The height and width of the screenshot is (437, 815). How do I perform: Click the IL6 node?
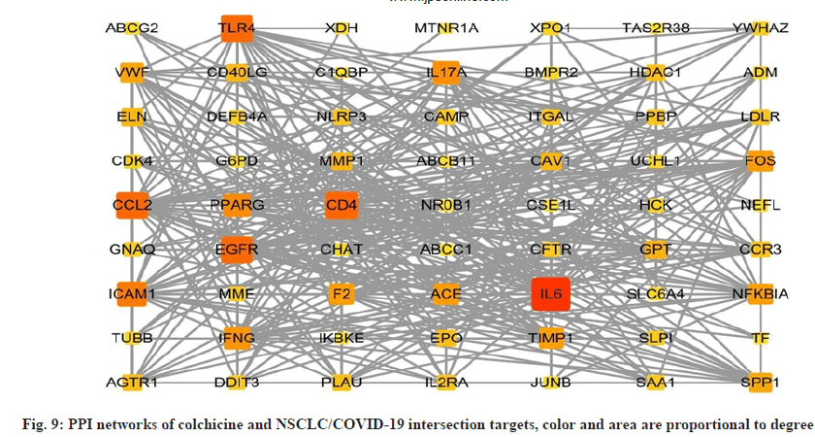pos(550,293)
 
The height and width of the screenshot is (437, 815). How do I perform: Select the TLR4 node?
pos(237,28)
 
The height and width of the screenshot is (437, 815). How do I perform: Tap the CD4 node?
pos(342,205)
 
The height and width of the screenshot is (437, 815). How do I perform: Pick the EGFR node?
pos(237,250)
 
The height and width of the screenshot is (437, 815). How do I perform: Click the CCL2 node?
pos(132,205)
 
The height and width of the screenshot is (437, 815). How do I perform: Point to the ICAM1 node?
pos(132,293)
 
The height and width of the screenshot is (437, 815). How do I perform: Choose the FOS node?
pos(760,160)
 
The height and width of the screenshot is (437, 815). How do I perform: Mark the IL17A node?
pos(445,72)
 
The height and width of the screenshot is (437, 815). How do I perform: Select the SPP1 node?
pos(760,382)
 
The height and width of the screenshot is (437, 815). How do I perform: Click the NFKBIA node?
pos(760,293)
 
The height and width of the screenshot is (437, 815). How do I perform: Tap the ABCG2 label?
pos(132,28)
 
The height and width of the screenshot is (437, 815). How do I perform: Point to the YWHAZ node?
pos(760,28)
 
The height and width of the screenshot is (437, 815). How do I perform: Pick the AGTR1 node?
pos(132,382)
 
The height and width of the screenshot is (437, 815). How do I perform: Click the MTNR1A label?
pos(445,28)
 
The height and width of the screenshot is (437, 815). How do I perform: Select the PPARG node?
pos(237,205)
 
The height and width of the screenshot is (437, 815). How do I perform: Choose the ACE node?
pos(445,293)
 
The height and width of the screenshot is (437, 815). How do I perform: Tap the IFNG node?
pos(237,338)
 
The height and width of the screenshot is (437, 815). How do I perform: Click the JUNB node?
pos(550,382)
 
